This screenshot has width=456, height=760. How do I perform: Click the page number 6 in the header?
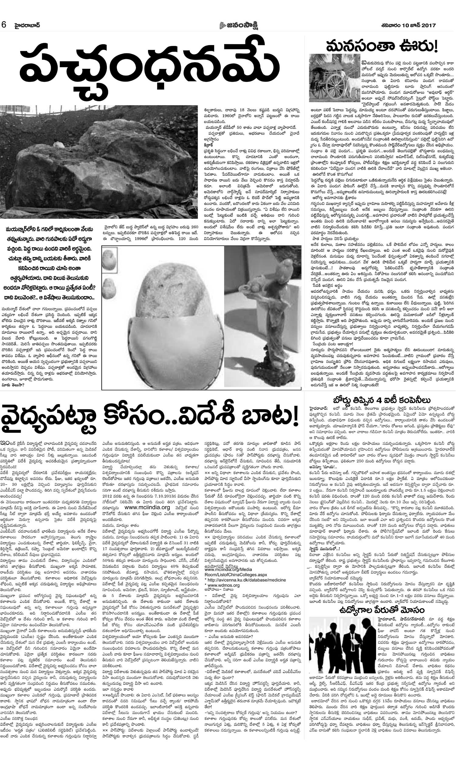(4, 26)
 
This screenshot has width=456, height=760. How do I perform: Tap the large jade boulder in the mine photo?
(92, 166)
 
